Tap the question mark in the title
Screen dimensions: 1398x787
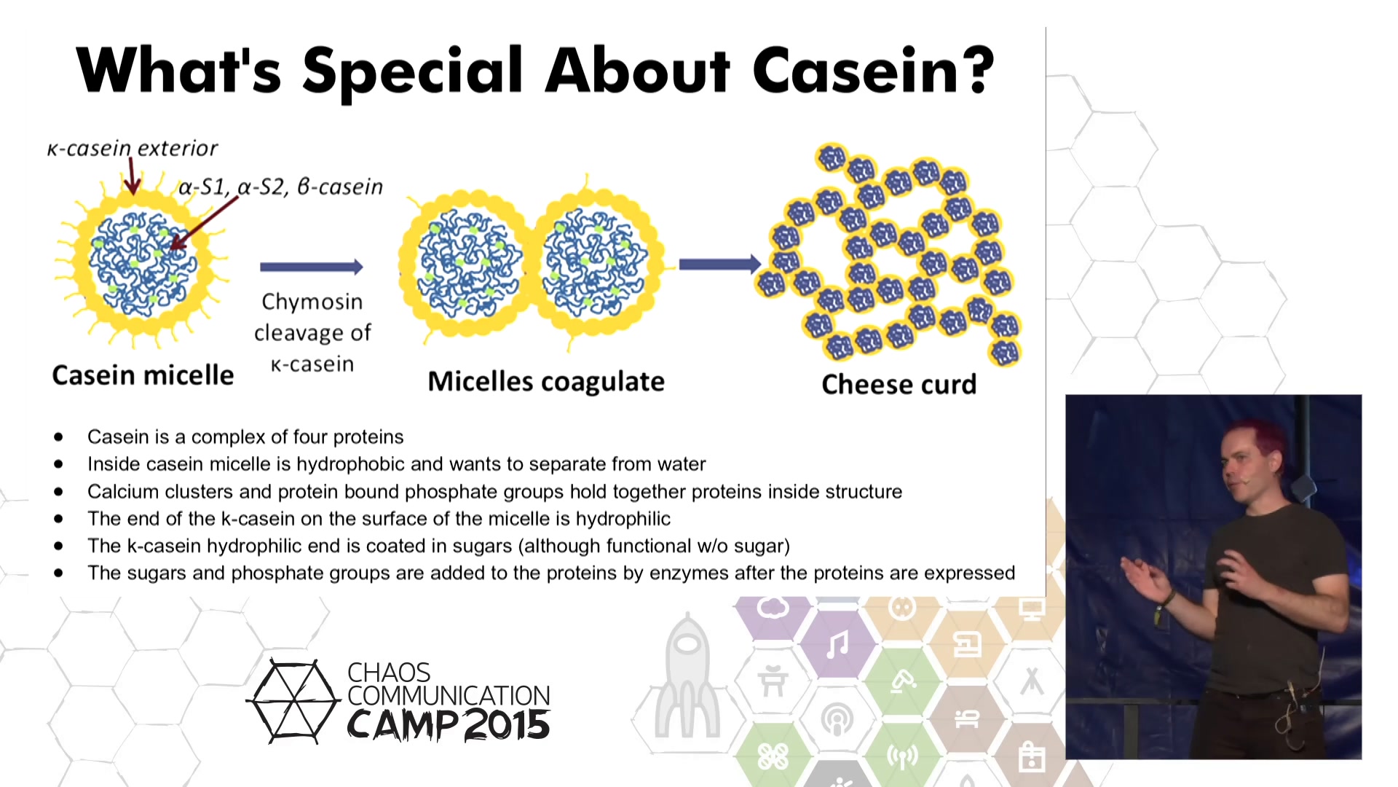point(979,71)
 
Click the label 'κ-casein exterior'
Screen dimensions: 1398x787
point(132,149)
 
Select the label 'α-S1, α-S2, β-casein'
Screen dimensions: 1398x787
point(281,187)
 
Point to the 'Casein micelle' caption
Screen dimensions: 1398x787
point(143,375)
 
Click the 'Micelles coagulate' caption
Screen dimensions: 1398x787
point(546,382)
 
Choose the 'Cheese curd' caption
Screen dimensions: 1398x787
point(899,384)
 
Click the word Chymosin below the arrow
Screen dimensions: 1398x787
point(312,302)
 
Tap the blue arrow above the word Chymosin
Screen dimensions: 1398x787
point(312,267)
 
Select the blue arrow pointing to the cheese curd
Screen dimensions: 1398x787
point(719,264)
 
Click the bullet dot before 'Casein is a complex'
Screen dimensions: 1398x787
point(58,437)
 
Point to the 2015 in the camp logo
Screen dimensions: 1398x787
point(506,725)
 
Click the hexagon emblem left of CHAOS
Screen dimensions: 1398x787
point(293,701)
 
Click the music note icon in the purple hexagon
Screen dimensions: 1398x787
point(837,645)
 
